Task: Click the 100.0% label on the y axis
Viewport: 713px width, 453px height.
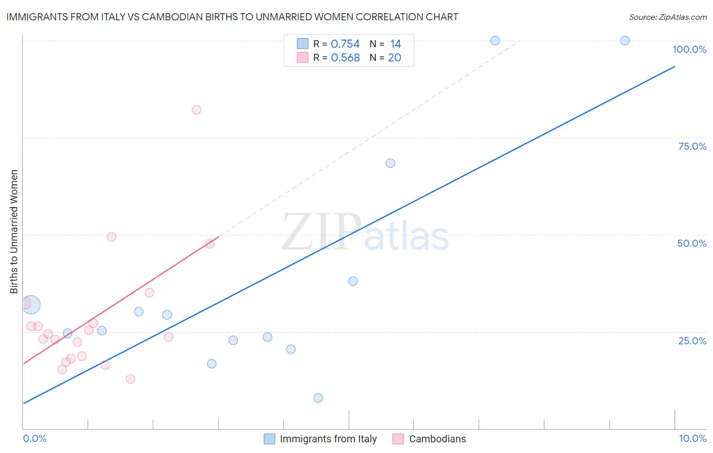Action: pos(689,49)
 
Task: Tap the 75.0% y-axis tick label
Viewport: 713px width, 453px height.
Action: pos(692,146)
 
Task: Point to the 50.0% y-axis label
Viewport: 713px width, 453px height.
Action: pos(692,243)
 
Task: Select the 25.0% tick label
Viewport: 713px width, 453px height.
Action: pos(692,341)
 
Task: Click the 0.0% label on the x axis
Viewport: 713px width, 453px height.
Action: pos(35,438)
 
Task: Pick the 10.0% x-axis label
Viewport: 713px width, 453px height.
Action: pos(692,438)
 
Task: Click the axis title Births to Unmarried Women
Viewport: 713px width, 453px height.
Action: pos(14,232)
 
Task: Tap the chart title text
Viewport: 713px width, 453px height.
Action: pos(232,17)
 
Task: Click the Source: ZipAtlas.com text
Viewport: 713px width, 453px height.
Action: pos(667,17)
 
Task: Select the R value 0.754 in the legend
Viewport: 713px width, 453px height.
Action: pos(345,44)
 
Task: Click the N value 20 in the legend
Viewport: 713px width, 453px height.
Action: pos(394,58)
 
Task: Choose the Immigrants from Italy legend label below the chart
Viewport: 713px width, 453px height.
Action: pos(328,439)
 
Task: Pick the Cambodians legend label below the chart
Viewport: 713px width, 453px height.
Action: pos(437,439)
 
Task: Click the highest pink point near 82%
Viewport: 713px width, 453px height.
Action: pos(196,110)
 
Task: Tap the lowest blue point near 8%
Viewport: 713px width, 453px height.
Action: pos(318,398)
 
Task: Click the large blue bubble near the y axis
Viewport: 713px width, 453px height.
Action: pos(31,305)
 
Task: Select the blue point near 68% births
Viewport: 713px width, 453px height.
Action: pos(390,163)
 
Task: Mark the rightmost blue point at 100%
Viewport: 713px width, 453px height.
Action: pos(625,41)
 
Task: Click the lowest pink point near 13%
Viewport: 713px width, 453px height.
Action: pos(130,379)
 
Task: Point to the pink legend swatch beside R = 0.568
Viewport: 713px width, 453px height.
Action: pos(303,58)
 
